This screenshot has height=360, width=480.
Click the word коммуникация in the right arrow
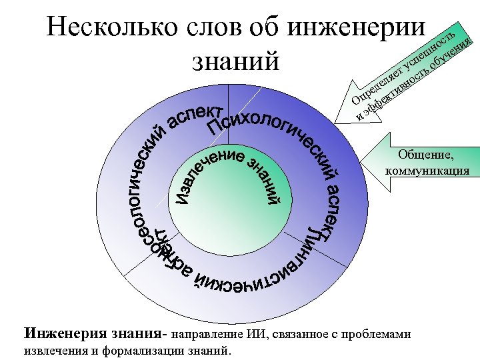427,171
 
